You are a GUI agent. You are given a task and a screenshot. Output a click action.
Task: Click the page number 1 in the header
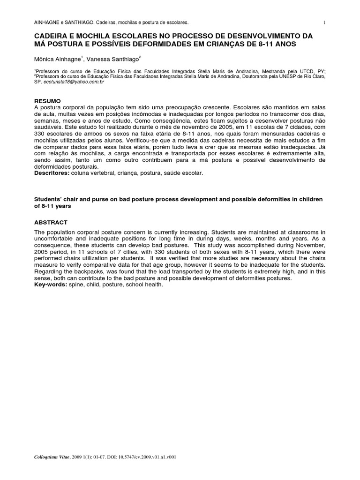tap(324, 22)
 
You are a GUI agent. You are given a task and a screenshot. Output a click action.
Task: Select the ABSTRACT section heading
tap(51, 222)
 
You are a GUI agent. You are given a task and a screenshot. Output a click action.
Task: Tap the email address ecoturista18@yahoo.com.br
tap(74, 82)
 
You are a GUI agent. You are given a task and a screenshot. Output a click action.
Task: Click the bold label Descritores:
tap(52, 173)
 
